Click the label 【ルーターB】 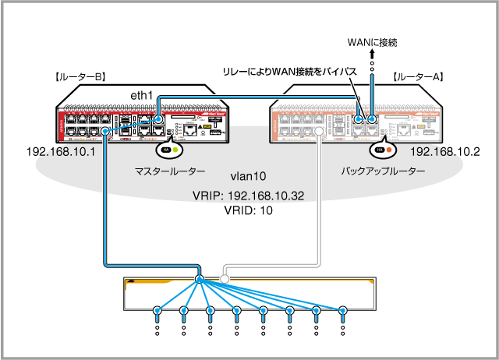80,77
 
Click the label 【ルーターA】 419,77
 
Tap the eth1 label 141,94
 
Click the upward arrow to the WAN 372,54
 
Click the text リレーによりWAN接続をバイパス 289,72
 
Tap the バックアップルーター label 384,170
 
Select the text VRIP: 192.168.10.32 249,196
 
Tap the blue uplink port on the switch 200,279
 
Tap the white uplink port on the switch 224,279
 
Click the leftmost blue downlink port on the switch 157,312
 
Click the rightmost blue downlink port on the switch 342,312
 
